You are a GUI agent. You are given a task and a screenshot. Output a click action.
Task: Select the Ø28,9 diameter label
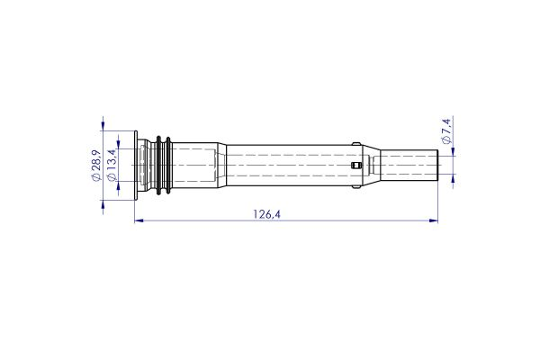coord(96,166)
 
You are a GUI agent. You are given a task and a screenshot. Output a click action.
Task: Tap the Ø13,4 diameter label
coord(112,166)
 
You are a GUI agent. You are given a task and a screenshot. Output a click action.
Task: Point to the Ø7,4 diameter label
coord(447,135)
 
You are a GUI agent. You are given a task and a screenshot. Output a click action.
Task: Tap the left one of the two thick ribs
coord(159,166)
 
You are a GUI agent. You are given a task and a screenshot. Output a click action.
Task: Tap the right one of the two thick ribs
coord(168,166)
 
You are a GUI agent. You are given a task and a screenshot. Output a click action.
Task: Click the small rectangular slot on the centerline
coord(359,166)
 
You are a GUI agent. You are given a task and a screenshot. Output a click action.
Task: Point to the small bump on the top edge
coord(358,144)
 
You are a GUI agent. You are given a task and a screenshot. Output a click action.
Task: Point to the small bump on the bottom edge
coord(358,189)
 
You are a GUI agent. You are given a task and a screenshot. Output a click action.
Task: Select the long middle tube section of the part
coord(288,166)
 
